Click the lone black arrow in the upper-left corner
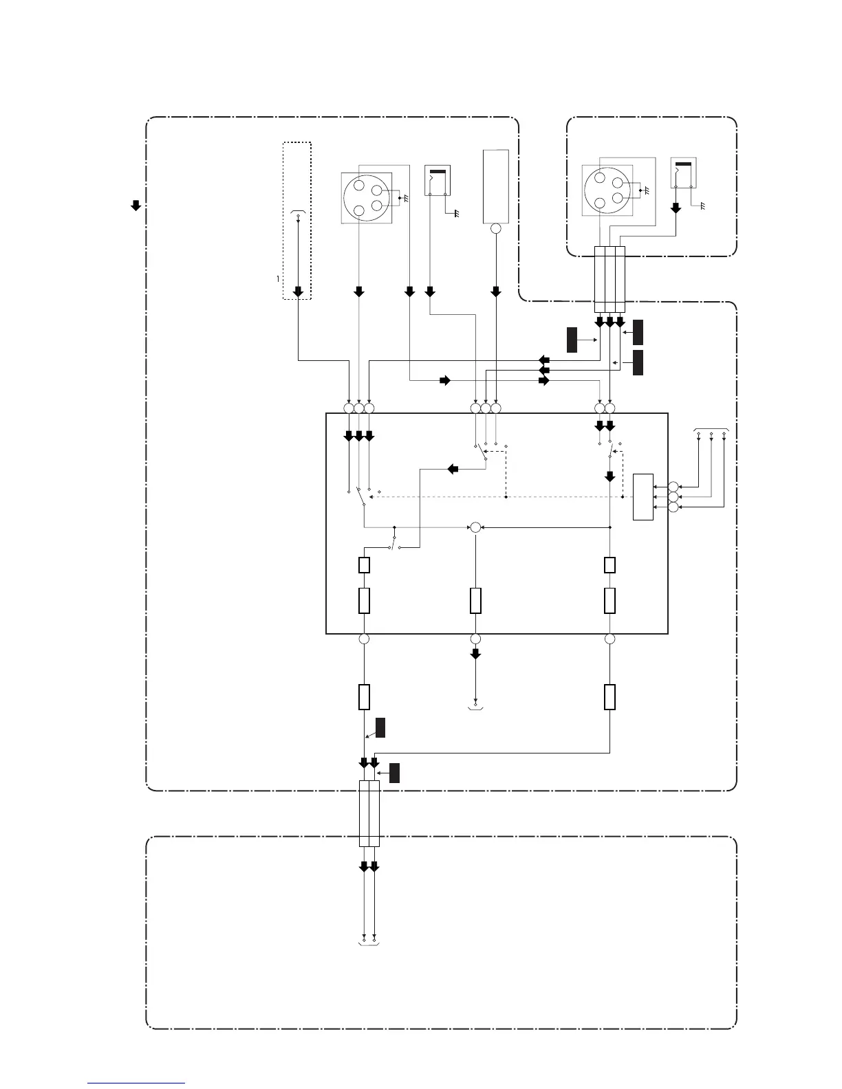136,204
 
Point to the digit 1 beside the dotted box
278,278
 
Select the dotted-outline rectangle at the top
297,221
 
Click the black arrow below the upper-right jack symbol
676,207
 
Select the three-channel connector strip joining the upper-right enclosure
609,279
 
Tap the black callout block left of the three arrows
572,340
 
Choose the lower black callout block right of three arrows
638,362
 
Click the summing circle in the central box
475,527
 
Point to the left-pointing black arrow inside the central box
453,469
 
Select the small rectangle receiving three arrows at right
643,496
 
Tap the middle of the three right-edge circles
672,496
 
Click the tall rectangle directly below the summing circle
475,600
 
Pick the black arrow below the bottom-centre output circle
475,654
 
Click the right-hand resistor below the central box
609,696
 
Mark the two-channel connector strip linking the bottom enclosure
369,813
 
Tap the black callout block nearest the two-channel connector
394,773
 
